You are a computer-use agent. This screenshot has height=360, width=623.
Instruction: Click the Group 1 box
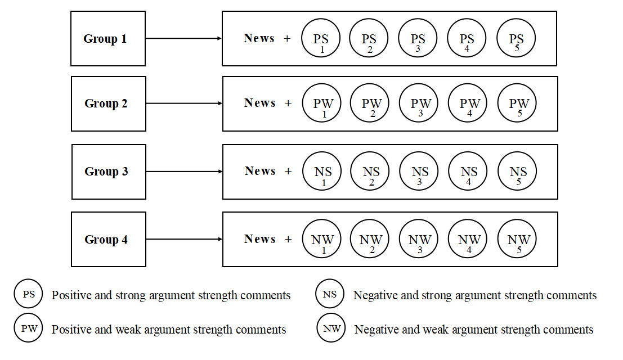pyautogui.click(x=108, y=39)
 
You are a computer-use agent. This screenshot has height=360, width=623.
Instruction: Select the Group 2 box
pyautogui.click(x=109, y=103)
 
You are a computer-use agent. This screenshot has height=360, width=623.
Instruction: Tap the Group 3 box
pyautogui.click(x=109, y=172)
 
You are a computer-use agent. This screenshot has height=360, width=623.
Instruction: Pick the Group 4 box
pyautogui.click(x=109, y=239)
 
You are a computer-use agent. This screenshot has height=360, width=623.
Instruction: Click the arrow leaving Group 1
pyautogui.click(x=183, y=38)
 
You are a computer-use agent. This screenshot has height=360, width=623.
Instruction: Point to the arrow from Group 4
pyautogui.click(x=183, y=239)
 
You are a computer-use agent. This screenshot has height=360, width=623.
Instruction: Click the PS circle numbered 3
pyautogui.click(x=418, y=39)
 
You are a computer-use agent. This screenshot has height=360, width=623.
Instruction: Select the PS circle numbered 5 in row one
pyautogui.click(x=516, y=39)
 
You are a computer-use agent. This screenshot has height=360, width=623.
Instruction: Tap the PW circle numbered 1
pyautogui.click(x=323, y=103)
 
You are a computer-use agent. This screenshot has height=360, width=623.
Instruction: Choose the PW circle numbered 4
pyautogui.click(x=469, y=103)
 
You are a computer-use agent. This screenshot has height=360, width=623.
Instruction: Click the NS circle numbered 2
pyautogui.click(x=370, y=172)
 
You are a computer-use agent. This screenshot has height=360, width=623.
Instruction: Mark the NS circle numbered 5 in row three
pyautogui.click(x=517, y=172)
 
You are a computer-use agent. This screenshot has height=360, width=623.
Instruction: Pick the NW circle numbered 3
pyautogui.click(x=420, y=240)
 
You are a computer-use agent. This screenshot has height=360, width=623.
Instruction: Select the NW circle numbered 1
pyautogui.click(x=322, y=240)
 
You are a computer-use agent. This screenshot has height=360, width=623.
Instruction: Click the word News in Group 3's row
pyautogui.click(x=260, y=171)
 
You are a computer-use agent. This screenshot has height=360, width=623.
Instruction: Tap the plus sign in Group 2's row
pyautogui.click(x=288, y=103)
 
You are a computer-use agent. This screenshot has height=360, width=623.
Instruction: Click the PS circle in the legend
pyautogui.click(x=29, y=295)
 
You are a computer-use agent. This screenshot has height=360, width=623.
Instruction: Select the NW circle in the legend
pyautogui.click(x=331, y=328)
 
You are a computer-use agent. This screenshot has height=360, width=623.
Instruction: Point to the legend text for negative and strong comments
pyautogui.click(x=474, y=295)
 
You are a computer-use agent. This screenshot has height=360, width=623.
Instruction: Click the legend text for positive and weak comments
pyautogui.click(x=169, y=330)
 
